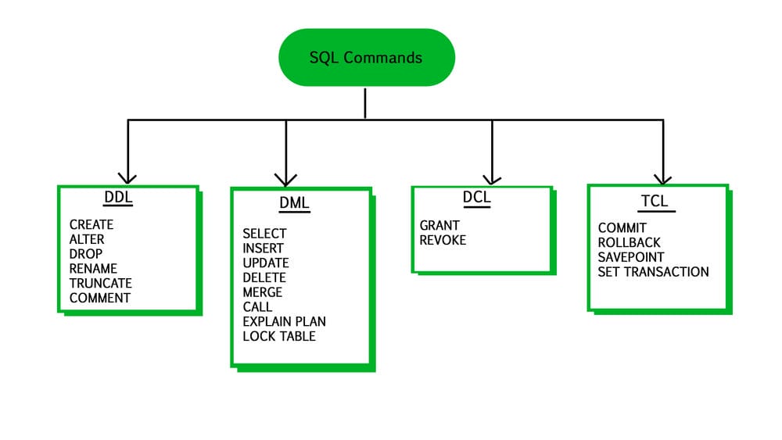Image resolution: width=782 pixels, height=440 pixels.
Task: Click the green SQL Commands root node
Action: click(367, 57)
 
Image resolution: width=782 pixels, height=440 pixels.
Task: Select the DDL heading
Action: click(118, 197)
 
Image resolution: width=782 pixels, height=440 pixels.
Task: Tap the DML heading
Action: click(294, 203)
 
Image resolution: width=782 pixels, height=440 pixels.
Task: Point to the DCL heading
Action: click(477, 197)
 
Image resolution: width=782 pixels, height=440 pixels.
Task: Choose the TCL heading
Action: click(655, 201)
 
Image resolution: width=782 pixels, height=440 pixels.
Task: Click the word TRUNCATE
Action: click(101, 283)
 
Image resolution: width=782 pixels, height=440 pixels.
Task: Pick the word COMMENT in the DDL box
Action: click(100, 298)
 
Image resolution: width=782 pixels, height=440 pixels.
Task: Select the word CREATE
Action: click(91, 225)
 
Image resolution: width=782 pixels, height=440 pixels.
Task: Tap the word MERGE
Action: click(262, 292)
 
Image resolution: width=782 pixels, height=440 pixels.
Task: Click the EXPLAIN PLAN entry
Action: click(285, 321)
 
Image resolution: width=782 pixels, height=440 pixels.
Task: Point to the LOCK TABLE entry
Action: click(279, 336)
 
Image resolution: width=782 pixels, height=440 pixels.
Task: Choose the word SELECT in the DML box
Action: click(264, 234)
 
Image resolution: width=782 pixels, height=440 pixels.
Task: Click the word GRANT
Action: click(439, 225)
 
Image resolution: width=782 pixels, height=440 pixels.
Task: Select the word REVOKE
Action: click(443, 240)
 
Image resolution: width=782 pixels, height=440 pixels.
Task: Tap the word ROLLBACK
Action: click(629, 243)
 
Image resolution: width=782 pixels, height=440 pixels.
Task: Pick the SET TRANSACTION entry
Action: click(653, 272)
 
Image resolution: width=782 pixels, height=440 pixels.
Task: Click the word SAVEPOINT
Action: click(631, 257)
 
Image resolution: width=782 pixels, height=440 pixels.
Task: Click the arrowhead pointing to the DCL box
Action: click(492, 180)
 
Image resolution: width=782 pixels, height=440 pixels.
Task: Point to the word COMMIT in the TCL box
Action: click(622, 227)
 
